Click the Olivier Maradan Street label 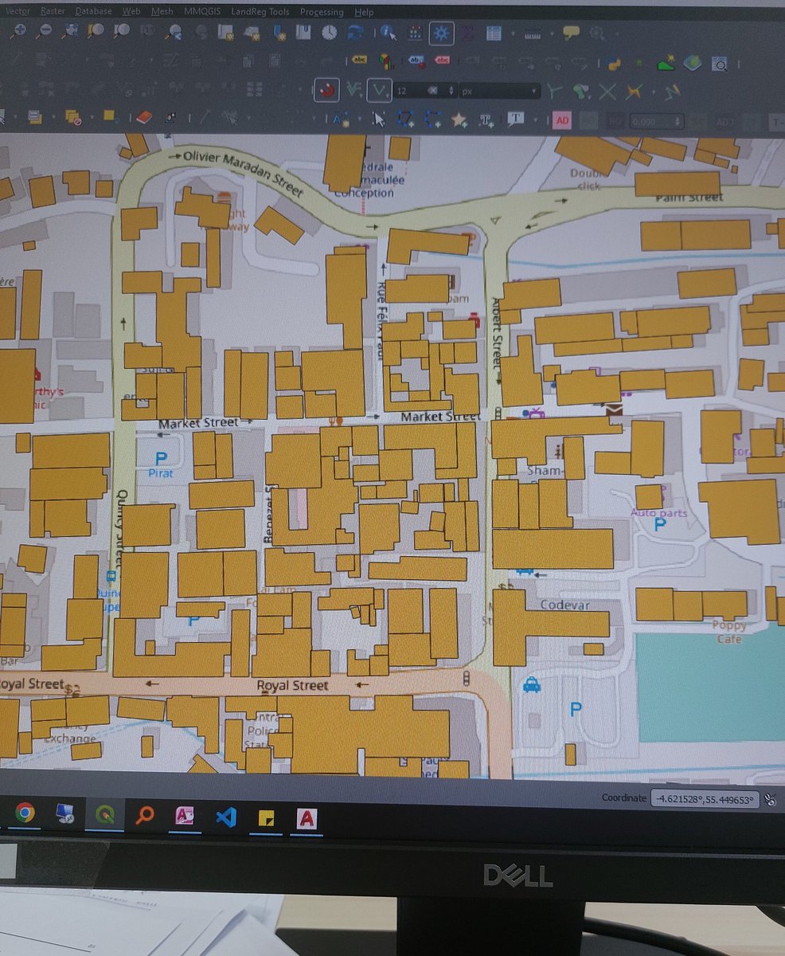(x=243, y=172)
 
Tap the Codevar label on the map (x=564, y=605)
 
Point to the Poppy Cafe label (x=729, y=632)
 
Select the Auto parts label (x=658, y=512)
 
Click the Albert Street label (x=498, y=333)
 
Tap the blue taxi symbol (x=531, y=684)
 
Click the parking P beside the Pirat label (x=162, y=458)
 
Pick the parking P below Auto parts (x=659, y=525)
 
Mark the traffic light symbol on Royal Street (x=466, y=678)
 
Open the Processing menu (x=322, y=12)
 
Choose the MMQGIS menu (x=203, y=12)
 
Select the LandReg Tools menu (x=260, y=12)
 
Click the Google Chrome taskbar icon (x=25, y=813)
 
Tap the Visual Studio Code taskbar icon (x=226, y=817)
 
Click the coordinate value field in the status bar (x=703, y=799)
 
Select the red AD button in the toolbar (x=562, y=120)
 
